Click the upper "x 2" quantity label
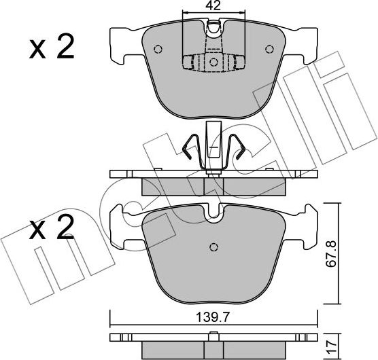coord(52,49)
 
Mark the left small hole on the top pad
coord(158,49)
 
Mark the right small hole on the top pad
coord(271,49)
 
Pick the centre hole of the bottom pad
coord(213,247)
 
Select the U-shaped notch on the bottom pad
coord(213,216)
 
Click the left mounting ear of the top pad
coord(122,41)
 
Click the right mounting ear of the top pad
coord(306,41)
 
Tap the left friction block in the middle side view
coord(173,185)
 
